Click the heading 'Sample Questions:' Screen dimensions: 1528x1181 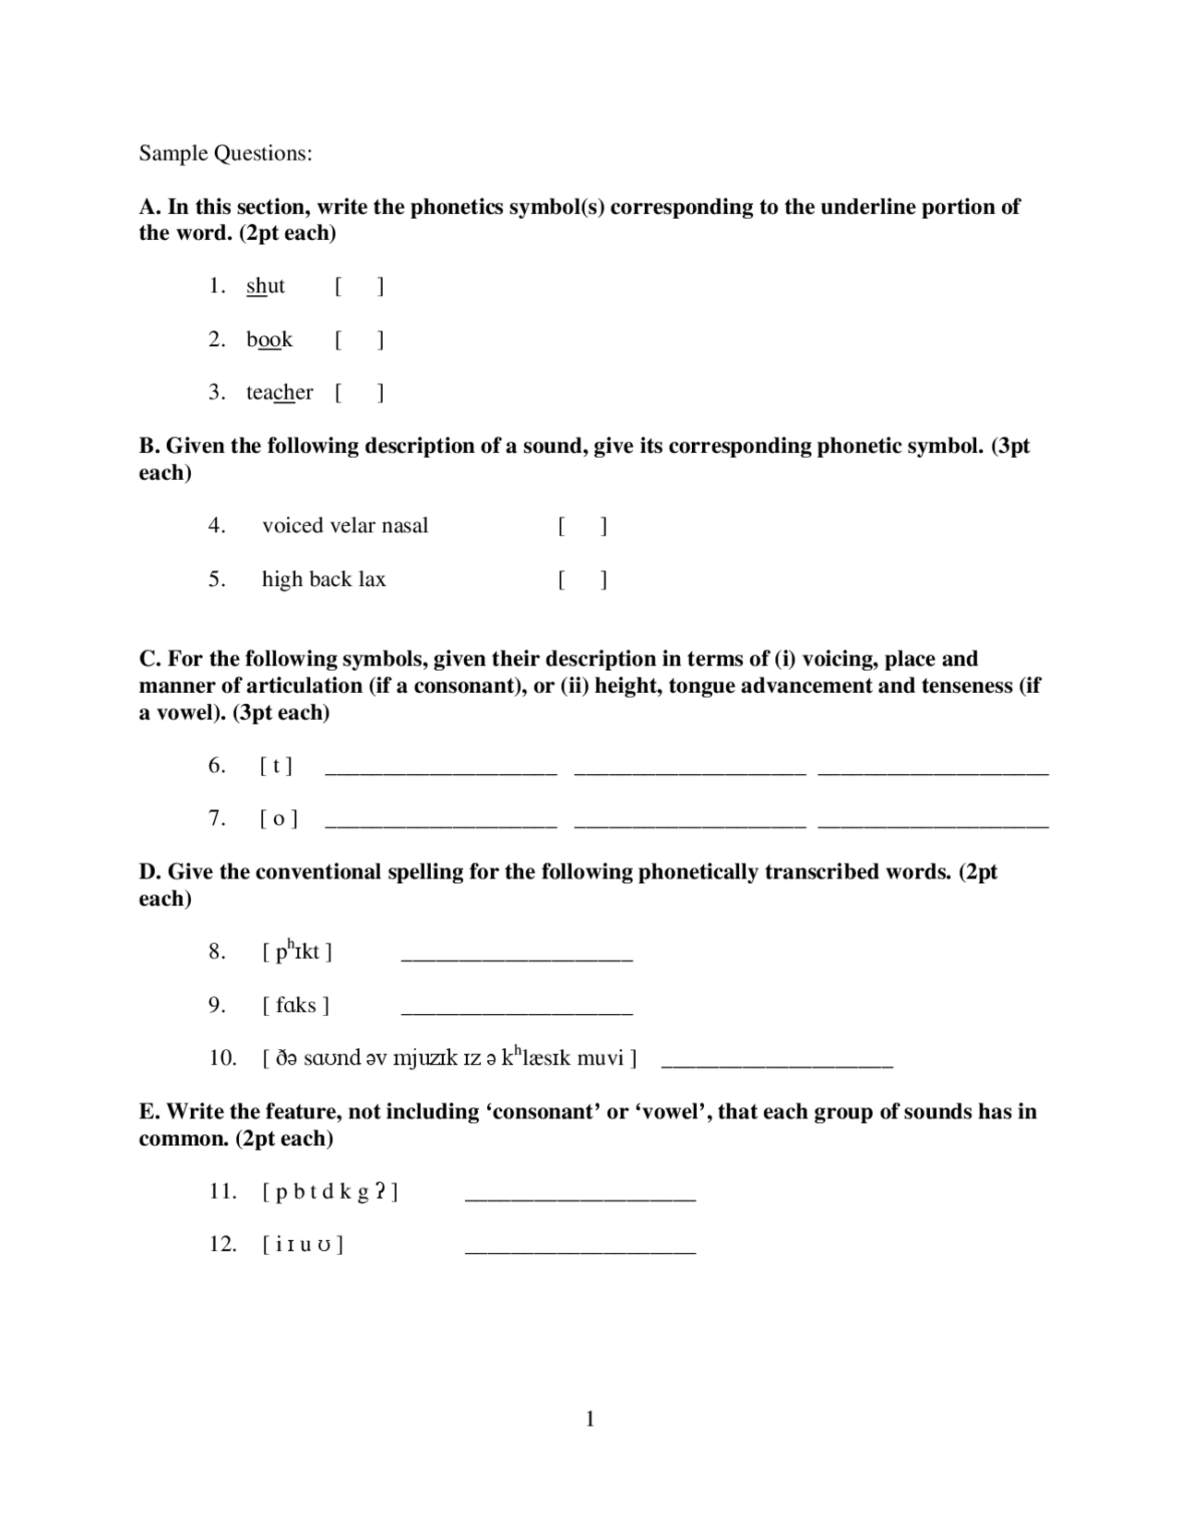coord(225,153)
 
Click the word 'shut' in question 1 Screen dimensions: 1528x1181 coord(266,286)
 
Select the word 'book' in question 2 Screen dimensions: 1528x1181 coord(269,340)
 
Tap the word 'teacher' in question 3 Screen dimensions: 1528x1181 coord(280,393)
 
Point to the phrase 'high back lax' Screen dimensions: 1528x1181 coord(323,579)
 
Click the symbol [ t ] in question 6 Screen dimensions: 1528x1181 coord(276,766)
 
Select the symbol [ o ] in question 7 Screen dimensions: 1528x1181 coord(278,819)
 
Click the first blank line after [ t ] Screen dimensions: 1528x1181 coord(441,773)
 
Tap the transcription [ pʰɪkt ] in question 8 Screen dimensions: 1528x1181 coord(296,951)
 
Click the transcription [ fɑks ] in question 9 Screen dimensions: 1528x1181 coord(295,1006)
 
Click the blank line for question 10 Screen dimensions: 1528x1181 coord(777,1066)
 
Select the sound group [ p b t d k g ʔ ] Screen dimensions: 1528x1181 coord(329,1192)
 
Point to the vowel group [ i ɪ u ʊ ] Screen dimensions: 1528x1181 coord(303,1246)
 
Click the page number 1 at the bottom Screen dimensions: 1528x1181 coord(590,1419)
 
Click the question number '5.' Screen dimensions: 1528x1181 coord(216,579)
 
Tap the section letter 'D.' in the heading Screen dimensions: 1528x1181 coord(150,872)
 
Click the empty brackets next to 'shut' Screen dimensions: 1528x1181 coord(359,287)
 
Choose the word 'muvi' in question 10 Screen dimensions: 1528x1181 coord(600,1058)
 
